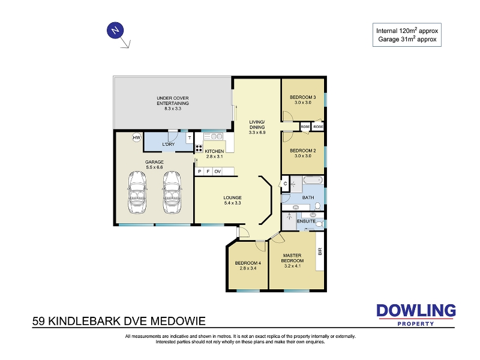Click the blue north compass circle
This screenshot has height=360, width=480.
(x=115, y=31)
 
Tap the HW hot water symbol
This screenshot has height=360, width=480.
(x=137, y=137)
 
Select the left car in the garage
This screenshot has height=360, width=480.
(x=137, y=192)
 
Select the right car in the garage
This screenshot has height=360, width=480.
(x=172, y=192)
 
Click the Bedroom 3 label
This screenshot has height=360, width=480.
(x=303, y=97)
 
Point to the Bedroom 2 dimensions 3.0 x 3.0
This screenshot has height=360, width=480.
(x=303, y=156)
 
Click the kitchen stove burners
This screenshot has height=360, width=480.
(x=199, y=148)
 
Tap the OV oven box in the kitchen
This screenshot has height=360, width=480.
(x=217, y=172)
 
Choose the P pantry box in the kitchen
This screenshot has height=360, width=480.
(x=200, y=172)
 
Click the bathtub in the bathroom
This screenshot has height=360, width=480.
(x=313, y=180)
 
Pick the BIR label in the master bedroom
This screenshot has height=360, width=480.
(x=320, y=251)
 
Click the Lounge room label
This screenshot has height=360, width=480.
(x=232, y=198)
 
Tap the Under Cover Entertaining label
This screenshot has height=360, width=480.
(x=173, y=101)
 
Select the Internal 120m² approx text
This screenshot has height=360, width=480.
(x=407, y=31)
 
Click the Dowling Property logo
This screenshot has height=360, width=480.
(x=416, y=315)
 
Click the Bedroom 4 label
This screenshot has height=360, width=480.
(x=248, y=263)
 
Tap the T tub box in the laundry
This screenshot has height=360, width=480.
(x=190, y=138)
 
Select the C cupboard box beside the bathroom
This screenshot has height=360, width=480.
(x=286, y=184)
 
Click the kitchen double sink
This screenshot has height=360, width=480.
(x=213, y=136)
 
